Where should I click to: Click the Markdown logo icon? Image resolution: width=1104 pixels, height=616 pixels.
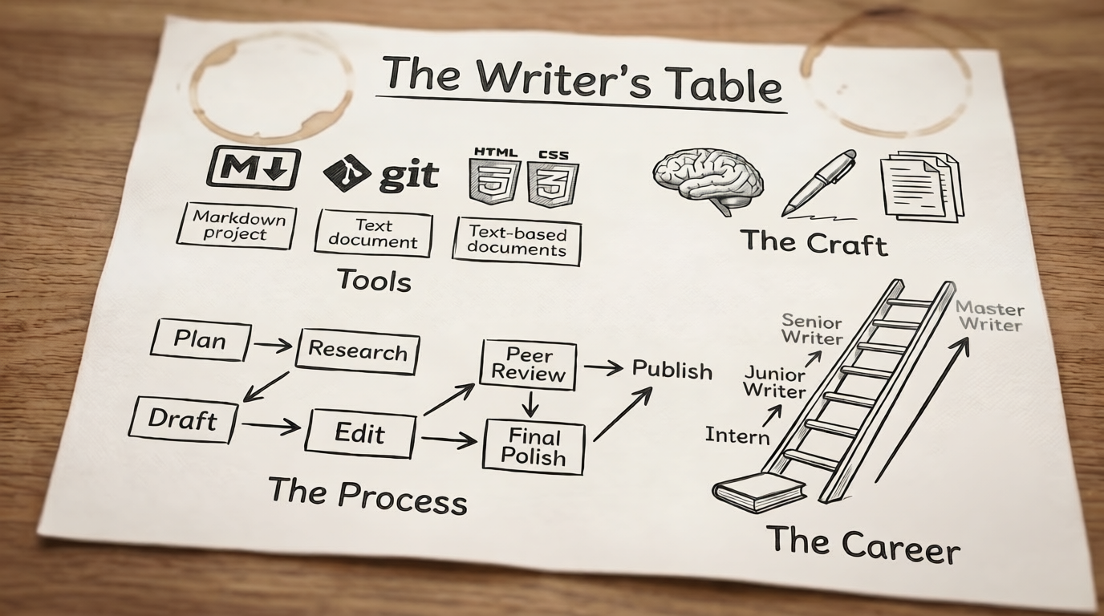(254, 167)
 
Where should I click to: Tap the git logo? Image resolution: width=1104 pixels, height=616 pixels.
(380, 174)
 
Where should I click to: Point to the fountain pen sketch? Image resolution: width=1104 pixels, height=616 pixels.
(819, 184)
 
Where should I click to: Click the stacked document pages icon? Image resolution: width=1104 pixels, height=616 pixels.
(922, 186)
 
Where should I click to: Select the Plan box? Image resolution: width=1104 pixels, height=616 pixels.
(201, 340)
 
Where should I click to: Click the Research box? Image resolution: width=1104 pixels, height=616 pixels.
(358, 351)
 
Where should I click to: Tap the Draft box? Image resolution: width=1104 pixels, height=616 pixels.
(183, 419)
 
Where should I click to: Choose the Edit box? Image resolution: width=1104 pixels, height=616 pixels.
(360, 434)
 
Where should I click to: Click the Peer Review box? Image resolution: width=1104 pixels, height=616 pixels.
(529, 364)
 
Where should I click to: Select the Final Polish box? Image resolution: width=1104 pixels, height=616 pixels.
(534, 447)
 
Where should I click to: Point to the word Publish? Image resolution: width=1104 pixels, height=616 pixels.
(672, 370)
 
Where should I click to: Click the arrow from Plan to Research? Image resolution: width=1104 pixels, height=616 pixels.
(273, 346)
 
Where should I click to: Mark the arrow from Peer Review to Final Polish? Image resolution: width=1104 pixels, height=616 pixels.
(530, 404)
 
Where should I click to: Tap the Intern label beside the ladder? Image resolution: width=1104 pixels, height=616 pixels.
(737, 436)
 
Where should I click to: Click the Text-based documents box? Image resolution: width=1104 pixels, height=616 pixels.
(517, 241)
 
